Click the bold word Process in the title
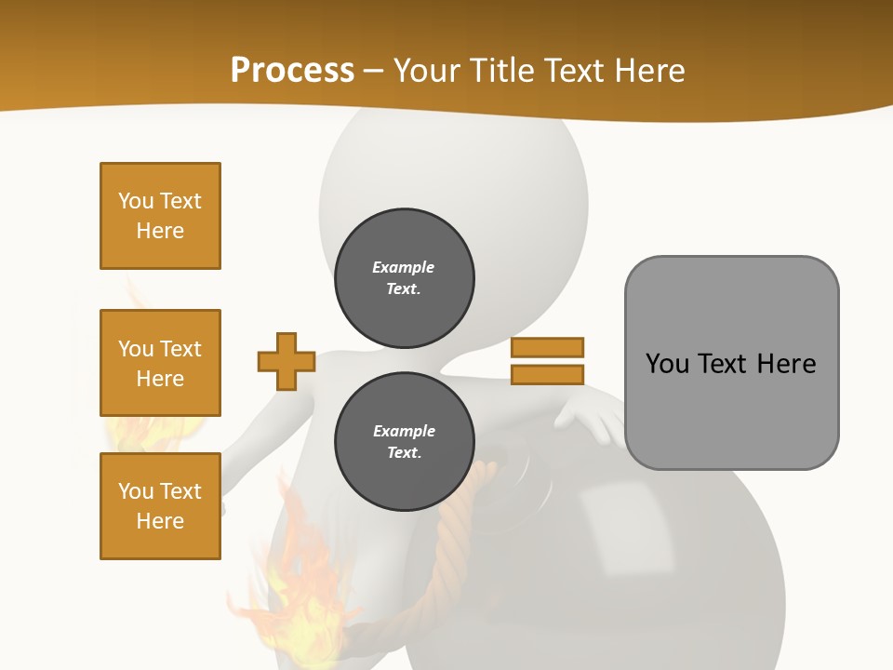click(x=292, y=71)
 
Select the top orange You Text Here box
click(x=160, y=216)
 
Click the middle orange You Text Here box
click(x=160, y=363)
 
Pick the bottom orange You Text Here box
click(x=160, y=506)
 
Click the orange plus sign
click(x=287, y=361)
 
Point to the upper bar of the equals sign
click(x=547, y=347)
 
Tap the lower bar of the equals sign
click(x=547, y=374)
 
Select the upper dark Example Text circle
click(x=404, y=277)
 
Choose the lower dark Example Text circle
click(x=404, y=441)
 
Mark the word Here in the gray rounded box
click(x=786, y=364)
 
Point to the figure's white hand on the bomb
click(x=586, y=415)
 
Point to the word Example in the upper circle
click(x=404, y=267)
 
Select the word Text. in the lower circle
click(x=404, y=453)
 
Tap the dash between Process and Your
click(x=374, y=71)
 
